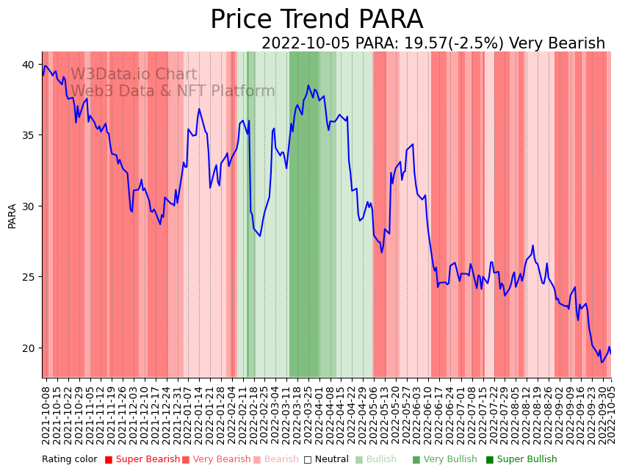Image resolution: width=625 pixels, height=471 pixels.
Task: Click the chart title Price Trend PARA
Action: point(317,20)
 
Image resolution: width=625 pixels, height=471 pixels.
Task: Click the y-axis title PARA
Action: point(12,215)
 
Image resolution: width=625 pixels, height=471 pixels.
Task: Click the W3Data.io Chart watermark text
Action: point(134,75)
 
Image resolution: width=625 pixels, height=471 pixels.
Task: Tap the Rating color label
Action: point(69,460)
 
